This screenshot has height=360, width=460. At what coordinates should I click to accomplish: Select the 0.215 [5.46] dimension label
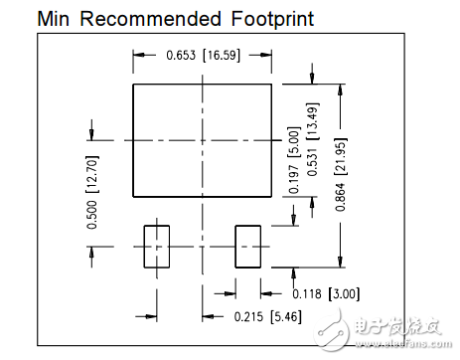click(x=251, y=317)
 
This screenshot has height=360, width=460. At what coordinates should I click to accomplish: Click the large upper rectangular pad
click(x=203, y=139)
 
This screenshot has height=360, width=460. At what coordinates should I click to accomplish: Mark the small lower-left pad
click(x=157, y=246)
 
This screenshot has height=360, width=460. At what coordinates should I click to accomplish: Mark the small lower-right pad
click(x=248, y=246)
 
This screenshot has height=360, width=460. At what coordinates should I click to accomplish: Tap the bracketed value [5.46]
click(x=271, y=317)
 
